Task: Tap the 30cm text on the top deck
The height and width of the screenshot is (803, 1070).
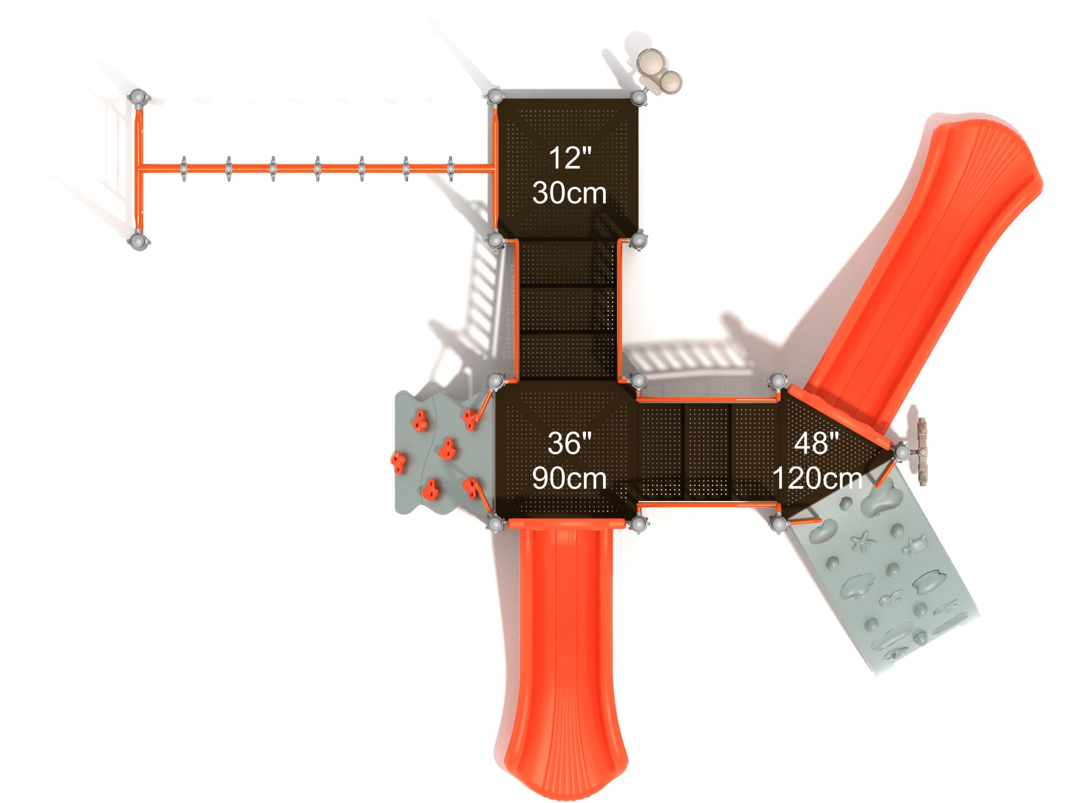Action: coord(569,193)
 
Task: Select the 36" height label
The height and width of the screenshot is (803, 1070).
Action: coord(569,443)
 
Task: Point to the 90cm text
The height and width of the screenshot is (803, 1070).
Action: coord(569,478)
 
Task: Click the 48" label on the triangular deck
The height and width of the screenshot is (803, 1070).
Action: coord(817,443)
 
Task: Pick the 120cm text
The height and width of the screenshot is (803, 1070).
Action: coord(818,478)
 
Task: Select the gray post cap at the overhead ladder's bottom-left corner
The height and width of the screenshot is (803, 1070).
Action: coord(139,240)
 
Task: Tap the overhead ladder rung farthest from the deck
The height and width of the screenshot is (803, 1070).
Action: coord(184,169)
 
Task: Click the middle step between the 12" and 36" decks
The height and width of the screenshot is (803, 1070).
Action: coord(569,310)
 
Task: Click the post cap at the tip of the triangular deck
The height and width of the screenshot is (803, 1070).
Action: coord(901,453)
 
